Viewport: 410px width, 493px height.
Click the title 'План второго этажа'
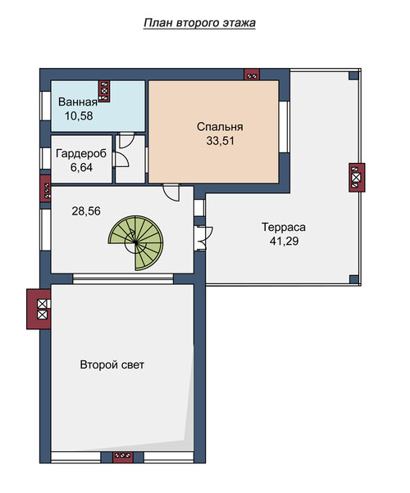[199, 23]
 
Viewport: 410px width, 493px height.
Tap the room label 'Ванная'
[78, 102]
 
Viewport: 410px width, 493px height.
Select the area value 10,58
[79, 116]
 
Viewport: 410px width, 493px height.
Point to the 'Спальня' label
[220, 127]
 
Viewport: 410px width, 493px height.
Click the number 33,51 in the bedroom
[221, 141]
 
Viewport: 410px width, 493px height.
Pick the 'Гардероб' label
[81, 154]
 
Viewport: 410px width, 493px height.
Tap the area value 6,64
[81, 168]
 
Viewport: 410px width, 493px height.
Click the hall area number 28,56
[86, 211]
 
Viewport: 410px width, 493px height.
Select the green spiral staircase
[136, 242]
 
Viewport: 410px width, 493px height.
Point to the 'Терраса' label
[284, 228]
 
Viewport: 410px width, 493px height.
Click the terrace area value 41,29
[284, 241]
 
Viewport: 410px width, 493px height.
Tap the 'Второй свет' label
[112, 364]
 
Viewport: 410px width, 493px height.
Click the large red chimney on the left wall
[39, 309]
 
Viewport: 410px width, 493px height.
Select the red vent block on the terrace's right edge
[357, 178]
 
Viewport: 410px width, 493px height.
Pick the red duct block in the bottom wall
[122, 457]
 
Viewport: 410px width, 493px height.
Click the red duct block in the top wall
[252, 75]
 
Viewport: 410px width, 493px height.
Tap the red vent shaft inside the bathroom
[104, 91]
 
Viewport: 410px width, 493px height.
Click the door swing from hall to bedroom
[171, 192]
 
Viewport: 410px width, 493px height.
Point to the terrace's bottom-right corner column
[354, 279]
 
